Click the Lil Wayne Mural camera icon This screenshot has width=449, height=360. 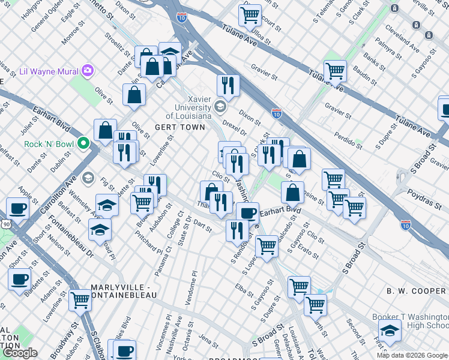point(88,71)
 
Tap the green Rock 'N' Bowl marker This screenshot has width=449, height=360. point(84,145)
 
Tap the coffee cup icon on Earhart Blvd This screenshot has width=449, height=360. point(247,212)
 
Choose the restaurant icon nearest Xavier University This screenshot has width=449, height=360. point(228,85)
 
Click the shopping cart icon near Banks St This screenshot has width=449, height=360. point(335,70)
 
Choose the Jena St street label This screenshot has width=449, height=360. point(209,341)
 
